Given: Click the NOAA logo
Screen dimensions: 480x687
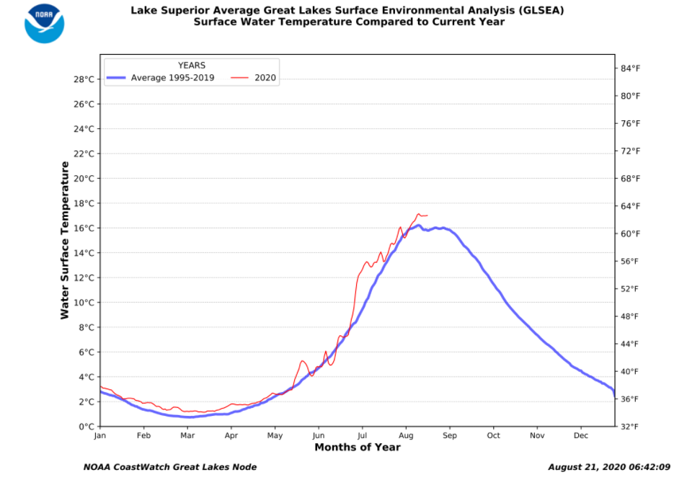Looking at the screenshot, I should tap(44, 23).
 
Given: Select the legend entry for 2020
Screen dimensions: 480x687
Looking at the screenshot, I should tap(266, 78).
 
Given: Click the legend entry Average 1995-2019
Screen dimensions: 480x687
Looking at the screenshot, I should tap(172, 78).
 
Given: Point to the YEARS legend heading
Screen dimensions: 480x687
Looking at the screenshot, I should tap(192, 66).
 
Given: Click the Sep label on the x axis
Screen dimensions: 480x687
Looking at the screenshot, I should tap(450, 436).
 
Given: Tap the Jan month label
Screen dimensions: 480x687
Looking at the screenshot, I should tap(99, 436).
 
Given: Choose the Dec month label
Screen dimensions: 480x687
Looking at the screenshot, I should tap(580, 436).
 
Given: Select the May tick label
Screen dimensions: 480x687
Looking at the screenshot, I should tap(275, 436).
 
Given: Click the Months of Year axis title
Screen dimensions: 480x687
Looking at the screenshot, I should tap(357, 448).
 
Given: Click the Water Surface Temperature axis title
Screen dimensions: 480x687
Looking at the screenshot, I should tap(65, 240).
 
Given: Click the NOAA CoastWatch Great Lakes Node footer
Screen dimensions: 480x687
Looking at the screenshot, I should tap(170, 467).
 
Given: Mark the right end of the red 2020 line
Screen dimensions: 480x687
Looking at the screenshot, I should tap(427, 215).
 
